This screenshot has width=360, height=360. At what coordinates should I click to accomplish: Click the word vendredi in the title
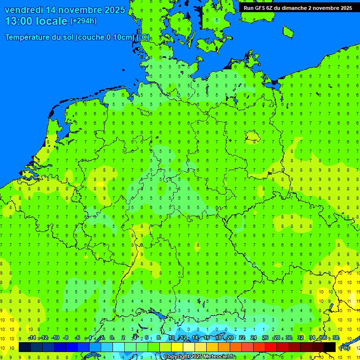pos(23,10)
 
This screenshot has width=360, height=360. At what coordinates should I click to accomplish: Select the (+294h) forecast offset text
pos(83,21)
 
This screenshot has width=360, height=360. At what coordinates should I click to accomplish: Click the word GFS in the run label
pos(260,7)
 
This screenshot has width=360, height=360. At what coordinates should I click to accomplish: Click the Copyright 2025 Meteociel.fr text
pos(199,357)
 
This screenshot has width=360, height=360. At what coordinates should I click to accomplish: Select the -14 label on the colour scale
pos(32,338)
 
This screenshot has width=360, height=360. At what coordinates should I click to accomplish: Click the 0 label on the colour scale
pos(112,338)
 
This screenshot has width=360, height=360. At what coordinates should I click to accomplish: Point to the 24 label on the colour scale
pos(254,338)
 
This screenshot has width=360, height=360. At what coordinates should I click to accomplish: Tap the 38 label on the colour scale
pos(336,338)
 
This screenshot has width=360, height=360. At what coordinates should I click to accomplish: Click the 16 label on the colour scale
pos(206,338)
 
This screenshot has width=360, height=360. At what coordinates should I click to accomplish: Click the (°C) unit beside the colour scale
pos(345,347)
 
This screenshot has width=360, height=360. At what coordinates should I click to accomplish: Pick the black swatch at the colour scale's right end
pos(330,347)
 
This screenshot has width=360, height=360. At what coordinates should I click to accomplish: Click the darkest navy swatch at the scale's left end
pos(25,347)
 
